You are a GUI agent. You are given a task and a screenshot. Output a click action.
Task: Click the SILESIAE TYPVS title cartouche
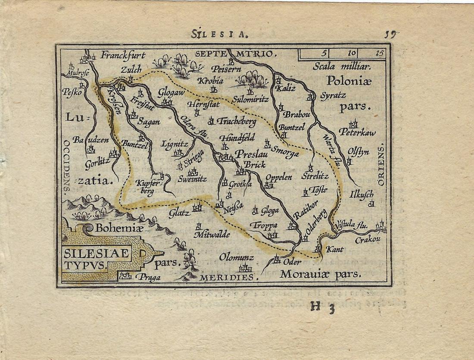tap(97, 259)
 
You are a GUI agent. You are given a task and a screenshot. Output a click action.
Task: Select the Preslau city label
tap(251, 154)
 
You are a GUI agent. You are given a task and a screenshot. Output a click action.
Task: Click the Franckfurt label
tap(123, 55)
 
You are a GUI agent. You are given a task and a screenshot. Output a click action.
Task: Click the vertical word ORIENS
tap(380, 166)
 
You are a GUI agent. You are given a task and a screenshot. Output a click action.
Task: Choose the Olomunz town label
tap(236, 257)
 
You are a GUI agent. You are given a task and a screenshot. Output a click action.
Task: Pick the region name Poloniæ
tap(348, 81)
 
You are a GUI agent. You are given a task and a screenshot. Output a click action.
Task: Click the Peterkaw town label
tap(357, 132)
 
